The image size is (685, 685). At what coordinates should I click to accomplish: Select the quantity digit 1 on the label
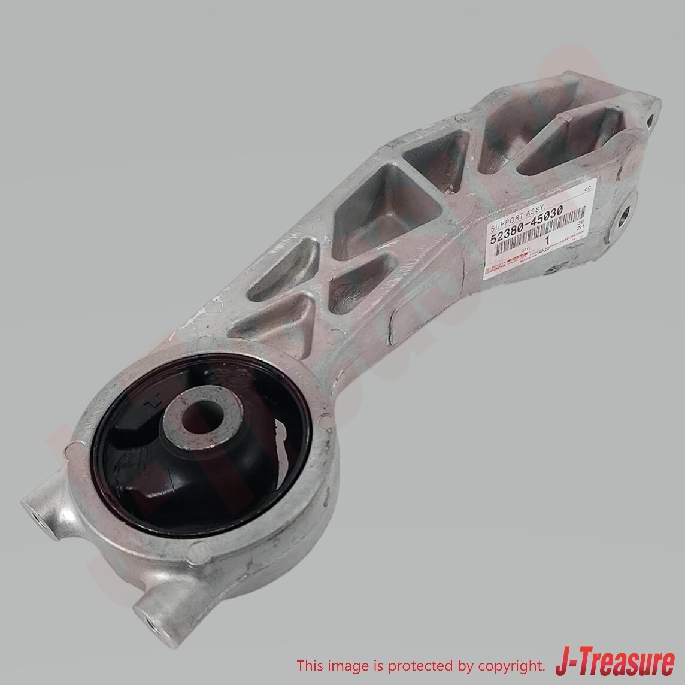(547, 241)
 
